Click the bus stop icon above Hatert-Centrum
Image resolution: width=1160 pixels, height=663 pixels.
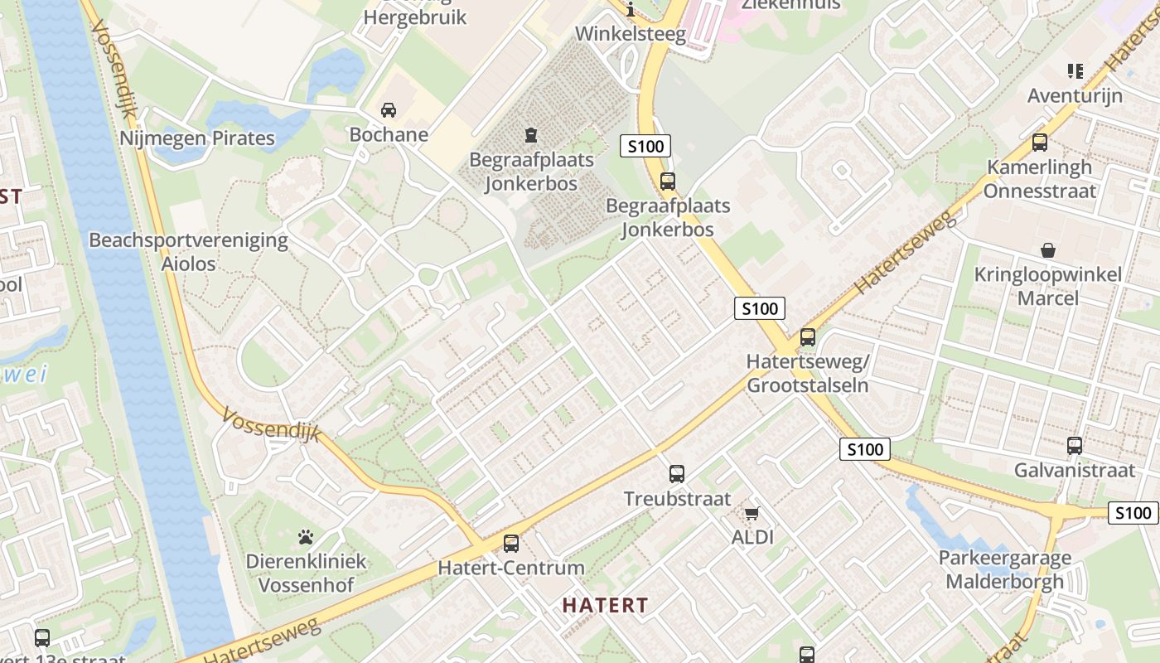511,544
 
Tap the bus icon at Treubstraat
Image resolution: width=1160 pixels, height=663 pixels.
677,474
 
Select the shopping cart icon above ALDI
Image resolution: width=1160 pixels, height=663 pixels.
752,513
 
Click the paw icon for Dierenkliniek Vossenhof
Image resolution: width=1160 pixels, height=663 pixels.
306,537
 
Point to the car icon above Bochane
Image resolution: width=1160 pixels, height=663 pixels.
389,110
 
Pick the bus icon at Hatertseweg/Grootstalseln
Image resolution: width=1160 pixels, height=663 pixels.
808,337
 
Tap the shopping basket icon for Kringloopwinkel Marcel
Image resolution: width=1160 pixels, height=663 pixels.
1048,249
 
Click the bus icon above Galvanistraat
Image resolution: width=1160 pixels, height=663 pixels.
1075,446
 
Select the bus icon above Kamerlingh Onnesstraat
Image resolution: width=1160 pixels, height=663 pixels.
1040,143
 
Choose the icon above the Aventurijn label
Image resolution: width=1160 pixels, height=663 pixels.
1075,71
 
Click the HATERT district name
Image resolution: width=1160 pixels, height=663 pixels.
605,605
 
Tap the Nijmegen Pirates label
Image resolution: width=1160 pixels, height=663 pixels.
197,138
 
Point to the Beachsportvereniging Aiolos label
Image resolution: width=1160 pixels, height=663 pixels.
189,252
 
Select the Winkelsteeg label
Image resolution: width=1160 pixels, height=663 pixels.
631,34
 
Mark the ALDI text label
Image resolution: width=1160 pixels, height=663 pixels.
752,537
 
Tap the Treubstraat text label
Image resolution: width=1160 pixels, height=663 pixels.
677,499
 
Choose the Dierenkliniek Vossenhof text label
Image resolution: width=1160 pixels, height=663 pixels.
306,573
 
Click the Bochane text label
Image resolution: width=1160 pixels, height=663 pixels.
389,134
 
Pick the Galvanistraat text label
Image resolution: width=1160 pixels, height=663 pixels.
1075,471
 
